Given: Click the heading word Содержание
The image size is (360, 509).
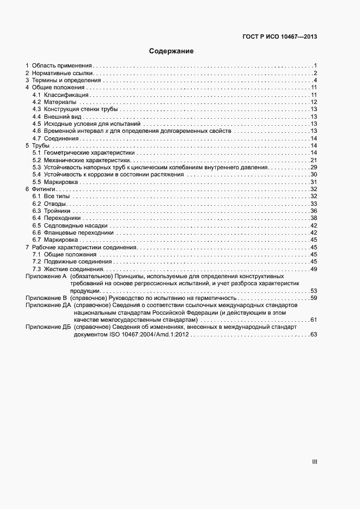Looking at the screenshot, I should coord(172,51).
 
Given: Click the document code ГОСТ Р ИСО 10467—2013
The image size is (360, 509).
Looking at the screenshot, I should coord(279,37).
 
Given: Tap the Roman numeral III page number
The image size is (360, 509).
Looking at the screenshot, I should coord(314,462).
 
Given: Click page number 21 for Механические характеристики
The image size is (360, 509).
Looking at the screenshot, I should coord(314,160).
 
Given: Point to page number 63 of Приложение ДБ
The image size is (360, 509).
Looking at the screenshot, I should coord(314,334).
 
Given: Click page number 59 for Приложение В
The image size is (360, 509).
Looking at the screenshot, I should coord(314,298).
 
